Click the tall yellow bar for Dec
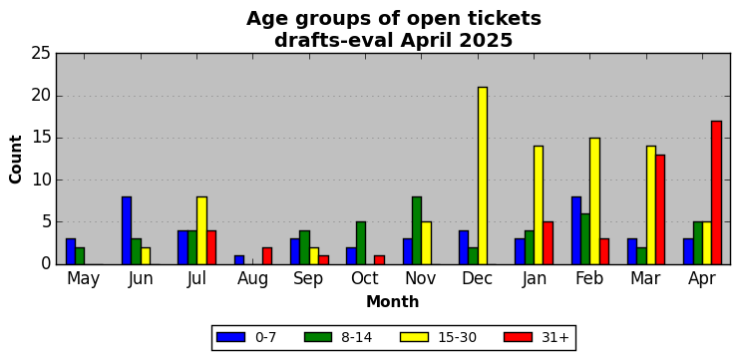point(483,176)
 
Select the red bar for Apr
point(716,192)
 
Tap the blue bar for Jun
point(127,230)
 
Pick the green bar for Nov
point(417,230)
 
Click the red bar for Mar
point(660,209)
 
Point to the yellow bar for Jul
point(201,230)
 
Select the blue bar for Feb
point(575,230)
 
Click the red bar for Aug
point(267,255)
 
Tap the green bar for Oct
point(361,243)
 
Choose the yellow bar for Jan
point(539,205)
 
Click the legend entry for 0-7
point(246,337)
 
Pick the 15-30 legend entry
point(439,337)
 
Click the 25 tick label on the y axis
point(41,54)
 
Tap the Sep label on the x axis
point(308,279)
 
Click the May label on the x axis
point(84,279)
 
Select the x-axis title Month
point(393,302)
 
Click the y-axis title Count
point(16,159)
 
